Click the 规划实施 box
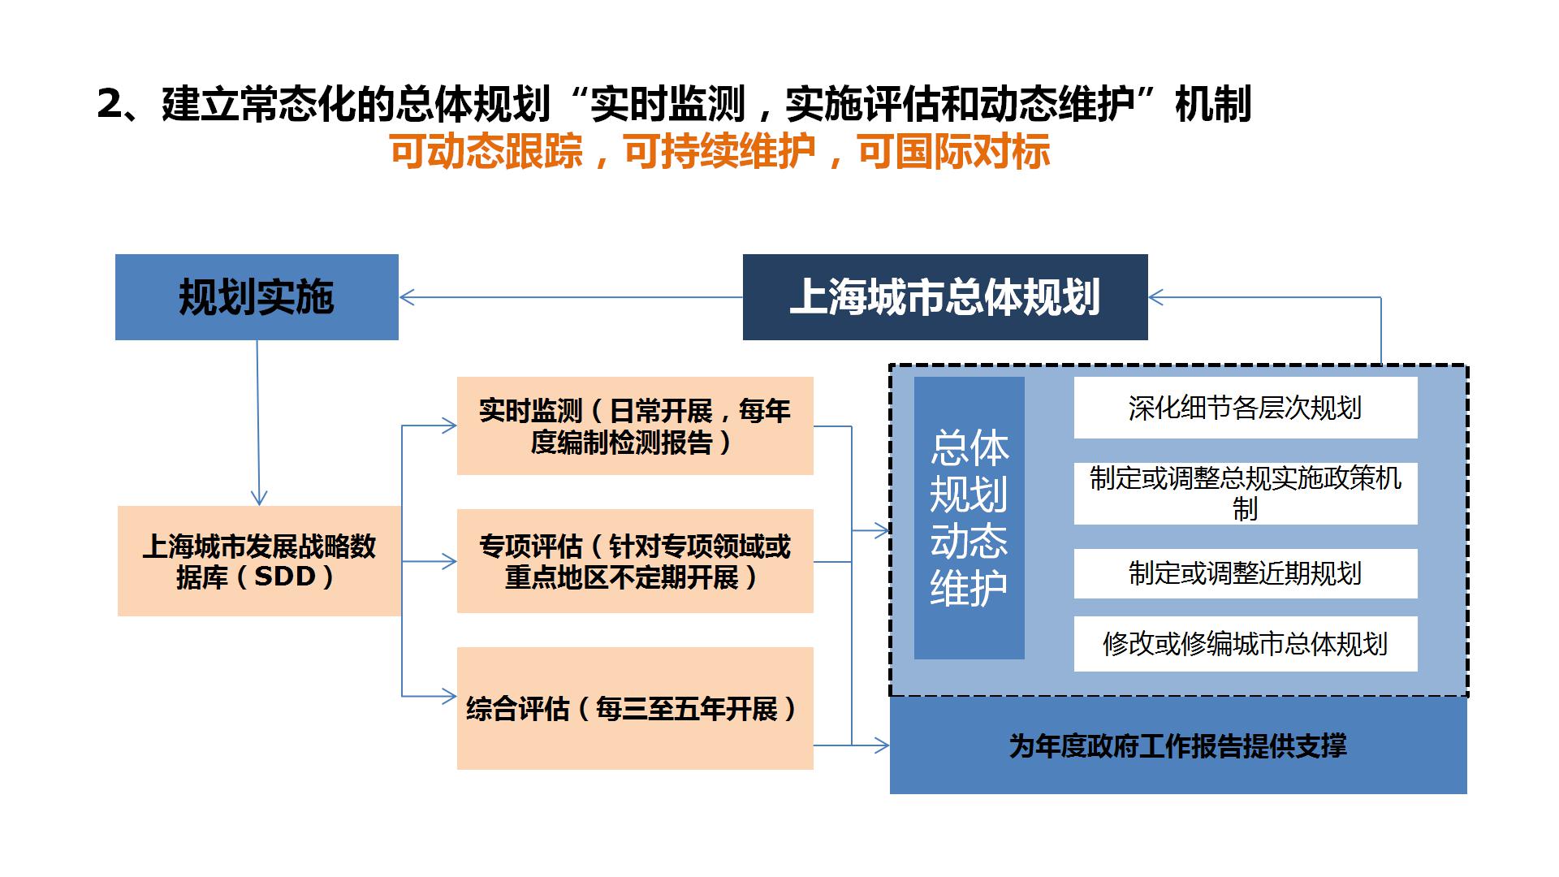pos(257,297)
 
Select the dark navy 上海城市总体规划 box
pos(945,297)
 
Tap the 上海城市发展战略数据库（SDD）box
pos(259,561)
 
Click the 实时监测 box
pos(635,426)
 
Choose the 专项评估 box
pos(635,561)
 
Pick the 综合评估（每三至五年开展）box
pos(635,708)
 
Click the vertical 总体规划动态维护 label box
pos(970,518)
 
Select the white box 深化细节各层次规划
pos(1246,408)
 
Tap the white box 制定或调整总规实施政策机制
pos(1246,494)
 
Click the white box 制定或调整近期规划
pos(1246,573)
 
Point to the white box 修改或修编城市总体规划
pos(1246,644)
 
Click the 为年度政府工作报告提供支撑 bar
pos(1178,745)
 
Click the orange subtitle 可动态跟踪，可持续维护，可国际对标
pos(719,151)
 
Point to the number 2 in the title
pos(110,105)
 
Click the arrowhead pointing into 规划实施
pos(408,297)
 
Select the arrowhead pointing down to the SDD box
pos(259,497)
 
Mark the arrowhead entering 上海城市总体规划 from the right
pos(1157,297)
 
